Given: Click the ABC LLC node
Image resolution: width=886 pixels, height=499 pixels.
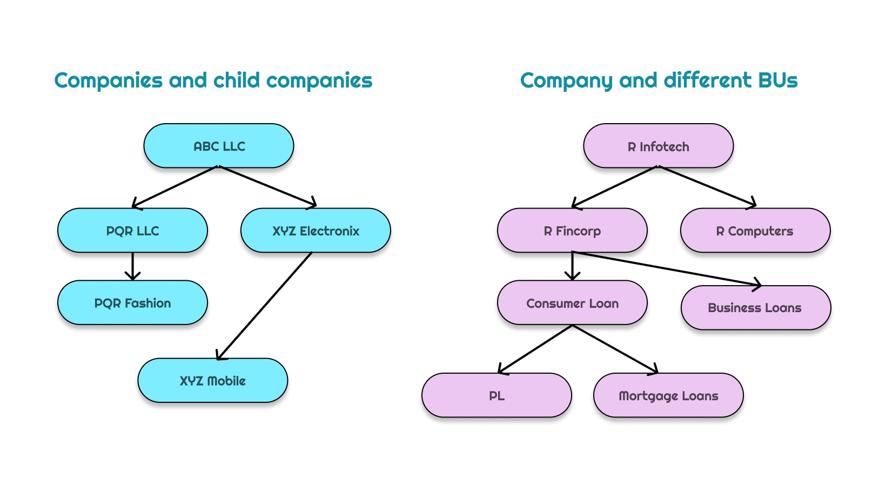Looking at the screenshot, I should coord(219,146).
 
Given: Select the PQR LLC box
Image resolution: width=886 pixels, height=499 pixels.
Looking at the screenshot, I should coord(132,231).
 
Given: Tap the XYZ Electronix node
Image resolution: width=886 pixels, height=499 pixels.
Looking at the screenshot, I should coord(316,231).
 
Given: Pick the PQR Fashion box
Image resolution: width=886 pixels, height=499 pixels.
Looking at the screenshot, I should coord(132,303).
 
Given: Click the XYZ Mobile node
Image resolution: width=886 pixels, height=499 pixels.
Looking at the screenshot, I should coord(212,381).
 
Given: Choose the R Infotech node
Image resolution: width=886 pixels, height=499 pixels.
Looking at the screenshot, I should coord(658,146).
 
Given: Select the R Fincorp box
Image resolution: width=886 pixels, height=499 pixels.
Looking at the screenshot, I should coord(572,231).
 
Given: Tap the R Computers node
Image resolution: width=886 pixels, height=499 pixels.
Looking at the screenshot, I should coord(755,231).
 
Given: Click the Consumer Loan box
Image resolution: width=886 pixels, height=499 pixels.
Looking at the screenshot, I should coord(572,303).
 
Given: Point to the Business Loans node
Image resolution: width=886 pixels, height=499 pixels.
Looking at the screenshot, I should coord(755,308).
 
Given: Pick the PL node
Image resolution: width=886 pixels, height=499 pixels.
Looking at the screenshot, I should coord(496,395).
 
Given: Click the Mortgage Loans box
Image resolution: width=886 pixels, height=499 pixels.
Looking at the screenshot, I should coord(668,395).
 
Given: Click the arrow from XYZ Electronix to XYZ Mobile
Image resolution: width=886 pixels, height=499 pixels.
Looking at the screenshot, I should coord(265,305).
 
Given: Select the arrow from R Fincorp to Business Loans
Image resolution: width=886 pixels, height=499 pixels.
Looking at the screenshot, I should coord(667,268).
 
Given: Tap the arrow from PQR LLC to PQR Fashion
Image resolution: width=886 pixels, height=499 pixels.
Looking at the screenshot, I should coord(132,266).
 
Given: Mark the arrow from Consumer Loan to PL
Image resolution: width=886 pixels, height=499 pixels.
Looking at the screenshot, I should coord(535,349).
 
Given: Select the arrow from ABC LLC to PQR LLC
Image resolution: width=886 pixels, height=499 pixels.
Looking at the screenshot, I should coord(176,187).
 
